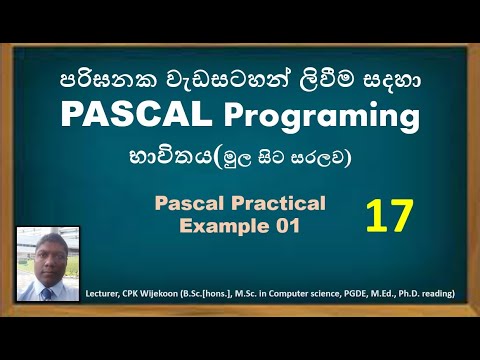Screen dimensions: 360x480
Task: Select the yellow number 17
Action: [391, 215]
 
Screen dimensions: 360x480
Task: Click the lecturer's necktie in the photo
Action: [46, 293]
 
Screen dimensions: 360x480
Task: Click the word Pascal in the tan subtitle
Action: [191, 204]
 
